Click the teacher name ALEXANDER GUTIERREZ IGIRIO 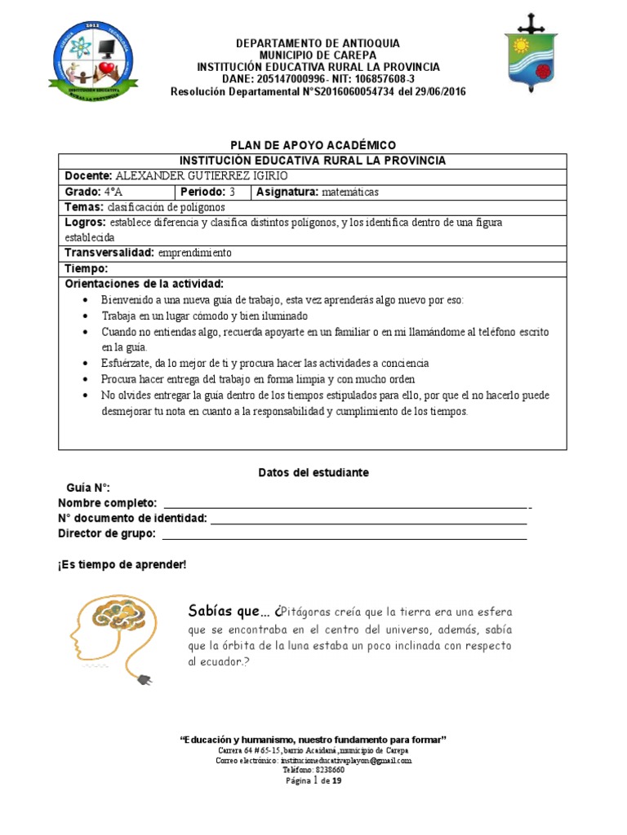pos(202,176)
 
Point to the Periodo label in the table pos(202,192)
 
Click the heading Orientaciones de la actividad pos(144,284)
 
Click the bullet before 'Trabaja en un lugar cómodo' pos(87,316)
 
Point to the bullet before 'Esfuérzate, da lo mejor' pos(87,364)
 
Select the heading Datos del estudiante pos(313,472)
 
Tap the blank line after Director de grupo pos(344,537)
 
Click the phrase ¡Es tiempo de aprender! pos(122,564)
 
